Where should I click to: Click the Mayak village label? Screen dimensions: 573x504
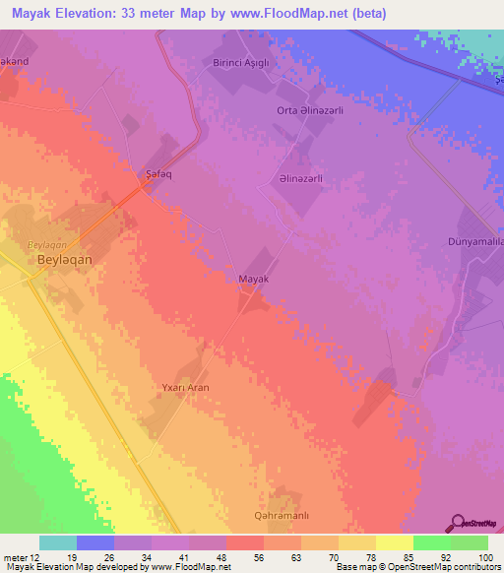click(254, 280)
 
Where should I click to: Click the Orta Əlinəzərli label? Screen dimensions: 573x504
click(307, 110)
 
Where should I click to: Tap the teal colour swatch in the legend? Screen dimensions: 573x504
click(58, 542)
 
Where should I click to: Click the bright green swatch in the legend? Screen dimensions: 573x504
click(431, 542)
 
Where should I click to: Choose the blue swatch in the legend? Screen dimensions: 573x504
click(95, 542)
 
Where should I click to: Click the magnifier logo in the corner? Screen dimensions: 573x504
click(455, 522)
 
